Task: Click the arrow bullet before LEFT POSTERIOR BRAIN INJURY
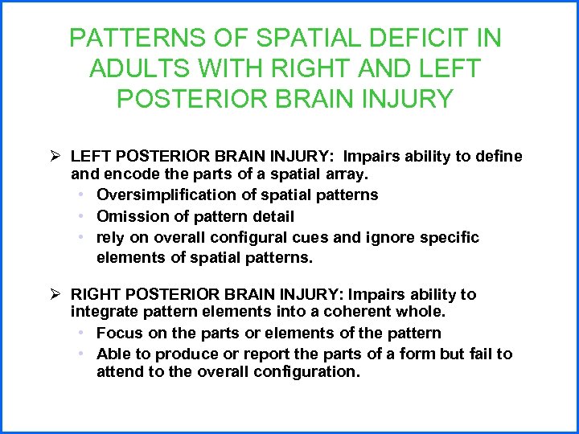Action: (55, 155)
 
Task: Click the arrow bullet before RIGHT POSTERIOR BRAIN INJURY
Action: (55, 294)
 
